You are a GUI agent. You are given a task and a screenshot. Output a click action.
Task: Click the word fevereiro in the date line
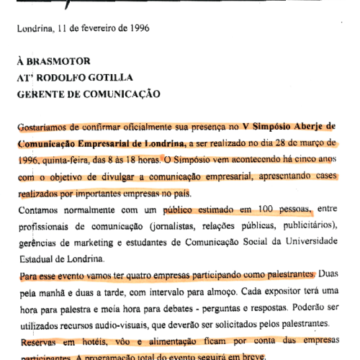pyautogui.click(x=96, y=30)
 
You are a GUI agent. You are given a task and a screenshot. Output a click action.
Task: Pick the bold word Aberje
pyautogui.click(x=303, y=125)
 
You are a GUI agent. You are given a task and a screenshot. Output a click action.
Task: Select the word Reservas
pyautogui.click(x=38, y=341)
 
